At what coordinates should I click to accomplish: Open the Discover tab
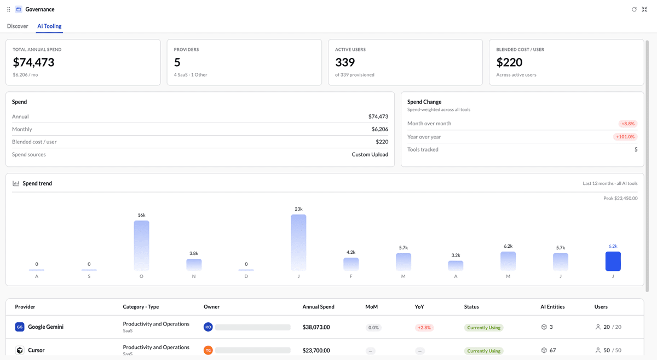pos(18,26)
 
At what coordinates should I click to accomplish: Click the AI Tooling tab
pos(49,26)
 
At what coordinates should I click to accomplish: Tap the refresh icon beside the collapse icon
pos(634,9)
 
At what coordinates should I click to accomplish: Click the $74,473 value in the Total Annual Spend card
pos(33,62)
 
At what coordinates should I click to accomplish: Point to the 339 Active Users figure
pos(345,62)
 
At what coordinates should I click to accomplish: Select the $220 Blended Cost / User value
pos(509,62)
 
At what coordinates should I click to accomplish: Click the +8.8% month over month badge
pos(628,124)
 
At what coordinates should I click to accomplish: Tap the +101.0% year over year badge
pos(625,137)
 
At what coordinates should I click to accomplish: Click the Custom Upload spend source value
pos(370,154)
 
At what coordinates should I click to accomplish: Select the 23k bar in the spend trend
pos(298,242)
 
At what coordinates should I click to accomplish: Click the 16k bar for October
pos(141,246)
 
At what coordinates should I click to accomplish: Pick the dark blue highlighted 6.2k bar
pos(613,261)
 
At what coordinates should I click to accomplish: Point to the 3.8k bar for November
pos(194,265)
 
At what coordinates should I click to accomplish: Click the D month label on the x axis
pos(246,276)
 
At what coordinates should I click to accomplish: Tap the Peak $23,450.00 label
pos(620,199)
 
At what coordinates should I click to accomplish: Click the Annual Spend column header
pos(318,306)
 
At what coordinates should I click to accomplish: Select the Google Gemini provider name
pos(46,327)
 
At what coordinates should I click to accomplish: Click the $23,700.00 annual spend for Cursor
pos(316,351)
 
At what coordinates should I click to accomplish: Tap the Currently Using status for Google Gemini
pos(483,328)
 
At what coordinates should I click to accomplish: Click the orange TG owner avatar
pos(208,350)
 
